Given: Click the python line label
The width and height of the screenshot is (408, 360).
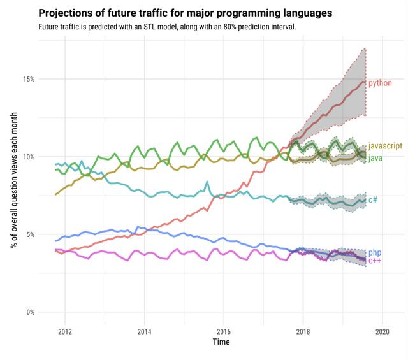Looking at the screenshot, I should point(380,83).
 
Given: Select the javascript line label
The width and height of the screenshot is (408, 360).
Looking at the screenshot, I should point(385,146).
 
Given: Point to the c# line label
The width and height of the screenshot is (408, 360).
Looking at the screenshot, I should point(373,200).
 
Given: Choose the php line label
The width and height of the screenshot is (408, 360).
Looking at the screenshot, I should point(375,253).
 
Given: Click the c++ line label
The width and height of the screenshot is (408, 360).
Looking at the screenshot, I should point(375,261).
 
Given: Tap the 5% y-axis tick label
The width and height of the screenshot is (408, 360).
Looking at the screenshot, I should point(29,234).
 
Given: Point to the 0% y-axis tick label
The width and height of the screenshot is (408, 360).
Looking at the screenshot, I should point(29,312).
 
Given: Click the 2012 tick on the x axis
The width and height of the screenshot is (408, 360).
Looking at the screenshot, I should point(64,331).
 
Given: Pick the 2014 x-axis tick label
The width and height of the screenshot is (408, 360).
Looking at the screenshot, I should point(144,331).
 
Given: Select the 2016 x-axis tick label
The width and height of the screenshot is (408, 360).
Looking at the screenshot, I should point(223,331).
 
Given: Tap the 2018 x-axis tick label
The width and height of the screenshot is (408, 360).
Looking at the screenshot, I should point(303,331).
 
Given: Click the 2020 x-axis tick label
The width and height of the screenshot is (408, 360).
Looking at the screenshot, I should point(382,331).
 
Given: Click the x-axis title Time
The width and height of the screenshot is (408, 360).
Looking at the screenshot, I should point(222,342).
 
